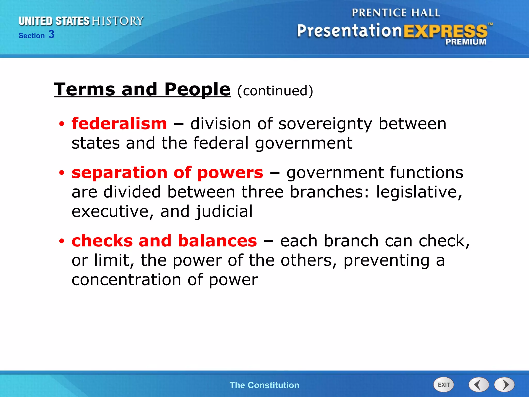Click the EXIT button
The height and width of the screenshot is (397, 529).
(443, 385)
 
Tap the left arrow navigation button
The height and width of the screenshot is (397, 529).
(478, 385)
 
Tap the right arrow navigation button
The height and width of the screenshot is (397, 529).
(504, 385)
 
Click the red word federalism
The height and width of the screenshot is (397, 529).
(119, 124)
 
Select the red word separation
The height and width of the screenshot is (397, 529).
(120, 173)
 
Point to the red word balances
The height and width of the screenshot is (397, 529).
(217, 241)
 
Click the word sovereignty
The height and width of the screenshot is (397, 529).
(325, 124)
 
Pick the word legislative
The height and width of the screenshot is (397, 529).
(419, 192)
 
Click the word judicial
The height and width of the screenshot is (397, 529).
(224, 211)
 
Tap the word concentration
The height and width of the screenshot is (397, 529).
(126, 280)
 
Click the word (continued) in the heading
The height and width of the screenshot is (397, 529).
(275, 91)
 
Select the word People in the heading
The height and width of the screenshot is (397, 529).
(197, 89)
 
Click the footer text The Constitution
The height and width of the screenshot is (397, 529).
(264, 385)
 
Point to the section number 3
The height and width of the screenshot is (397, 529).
(51, 34)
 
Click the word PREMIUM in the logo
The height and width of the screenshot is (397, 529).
(466, 42)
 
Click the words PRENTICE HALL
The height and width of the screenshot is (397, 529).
(395, 13)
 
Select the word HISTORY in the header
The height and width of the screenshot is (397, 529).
(118, 21)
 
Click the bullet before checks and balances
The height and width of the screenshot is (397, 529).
(61, 241)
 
